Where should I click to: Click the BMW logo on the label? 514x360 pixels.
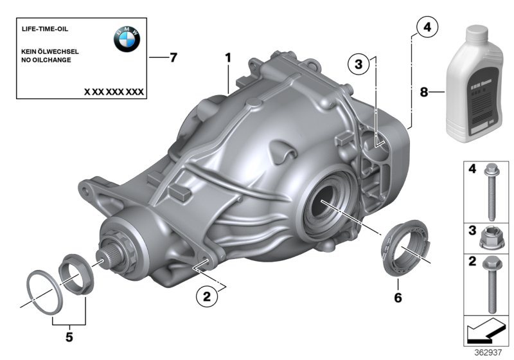127,41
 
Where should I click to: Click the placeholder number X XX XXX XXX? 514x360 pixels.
114,92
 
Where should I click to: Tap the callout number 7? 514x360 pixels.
173,58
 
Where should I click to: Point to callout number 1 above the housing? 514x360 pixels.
227,59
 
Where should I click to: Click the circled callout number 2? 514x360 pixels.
206,296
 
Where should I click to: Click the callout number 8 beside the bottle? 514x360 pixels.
423,93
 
